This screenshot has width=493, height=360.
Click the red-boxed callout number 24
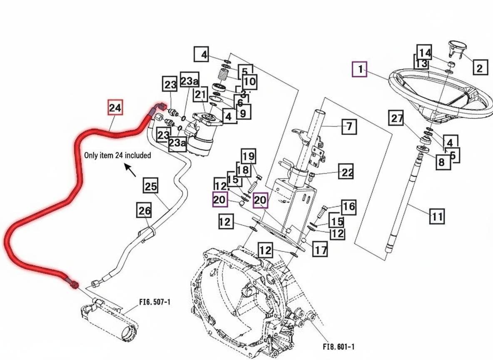115,108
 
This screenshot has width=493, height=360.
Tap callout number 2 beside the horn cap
480,67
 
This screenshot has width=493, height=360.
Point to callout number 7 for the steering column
349,126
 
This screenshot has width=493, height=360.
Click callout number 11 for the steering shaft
436,217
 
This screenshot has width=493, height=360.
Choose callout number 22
347,172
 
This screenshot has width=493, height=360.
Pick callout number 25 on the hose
151,186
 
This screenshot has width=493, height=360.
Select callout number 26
144,211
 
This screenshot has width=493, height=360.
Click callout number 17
320,250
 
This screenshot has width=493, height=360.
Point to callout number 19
249,157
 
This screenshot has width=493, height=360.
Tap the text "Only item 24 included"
117,155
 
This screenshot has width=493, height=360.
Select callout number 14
425,53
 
